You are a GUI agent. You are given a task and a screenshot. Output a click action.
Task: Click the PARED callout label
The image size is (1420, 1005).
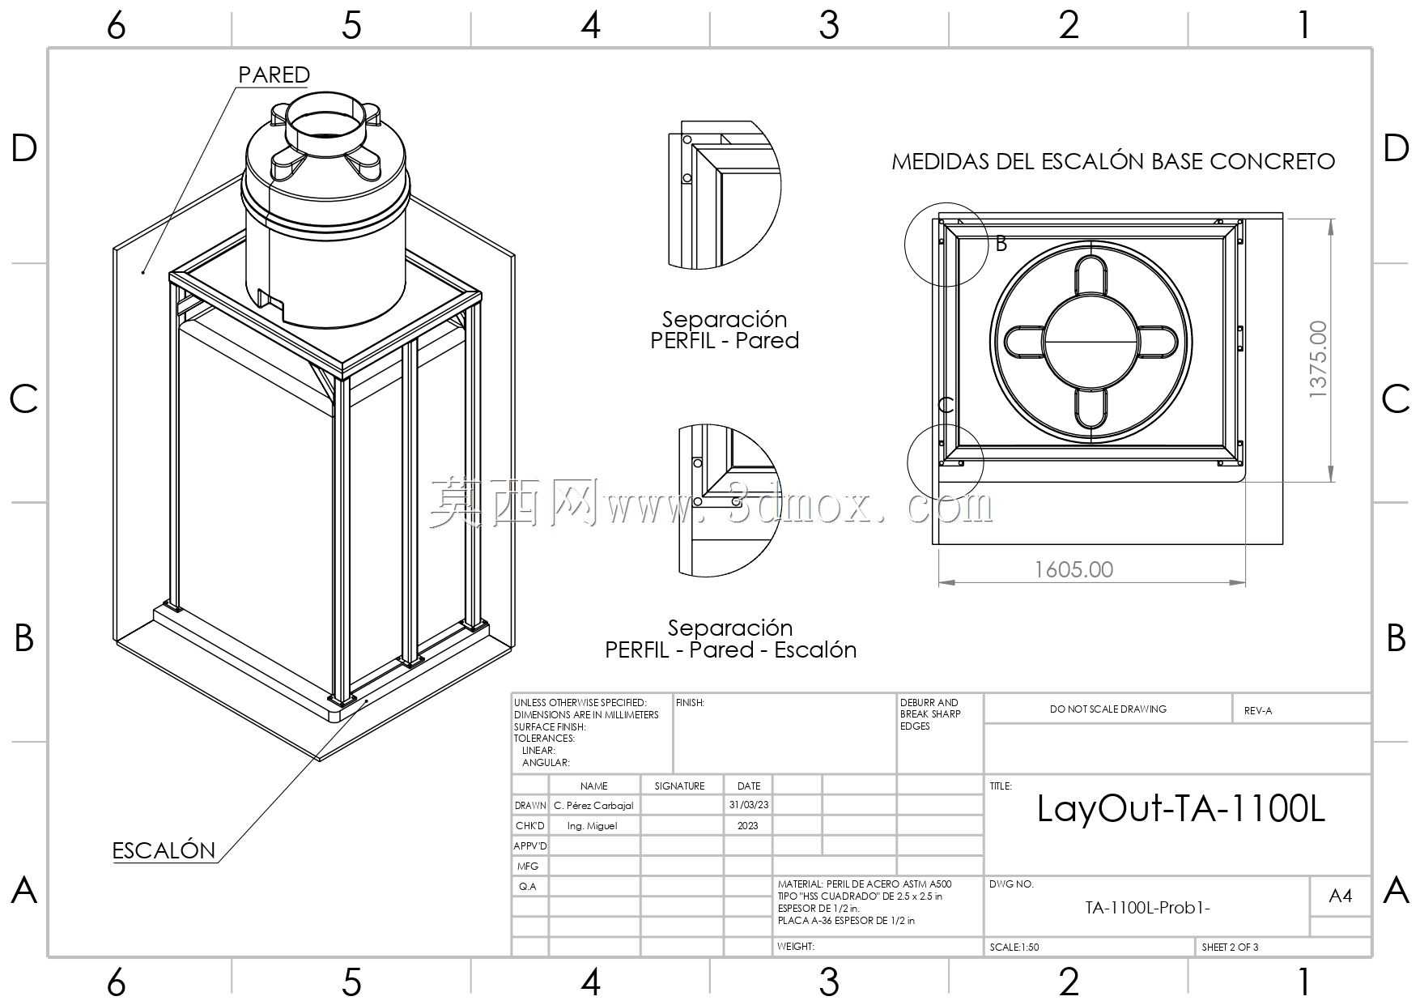tap(274, 75)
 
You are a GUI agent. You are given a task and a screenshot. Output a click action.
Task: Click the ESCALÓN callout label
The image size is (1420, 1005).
tap(164, 850)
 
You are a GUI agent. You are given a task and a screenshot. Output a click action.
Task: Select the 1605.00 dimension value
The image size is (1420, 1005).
tap(1074, 569)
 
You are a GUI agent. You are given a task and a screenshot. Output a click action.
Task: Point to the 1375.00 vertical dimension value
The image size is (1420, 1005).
tap(1318, 359)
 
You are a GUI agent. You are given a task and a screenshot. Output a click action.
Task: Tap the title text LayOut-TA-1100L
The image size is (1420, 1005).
tap(1181, 808)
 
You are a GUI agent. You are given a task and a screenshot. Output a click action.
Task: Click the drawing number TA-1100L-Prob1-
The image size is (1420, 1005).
tap(1147, 908)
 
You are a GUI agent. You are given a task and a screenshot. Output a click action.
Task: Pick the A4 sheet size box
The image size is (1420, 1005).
tap(1341, 896)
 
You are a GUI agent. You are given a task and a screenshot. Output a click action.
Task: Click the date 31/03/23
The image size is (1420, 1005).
tap(749, 805)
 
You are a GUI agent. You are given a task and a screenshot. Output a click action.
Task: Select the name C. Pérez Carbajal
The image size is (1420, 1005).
tap(593, 806)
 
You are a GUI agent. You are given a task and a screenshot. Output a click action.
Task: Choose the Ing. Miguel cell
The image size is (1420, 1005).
tap(592, 825)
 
